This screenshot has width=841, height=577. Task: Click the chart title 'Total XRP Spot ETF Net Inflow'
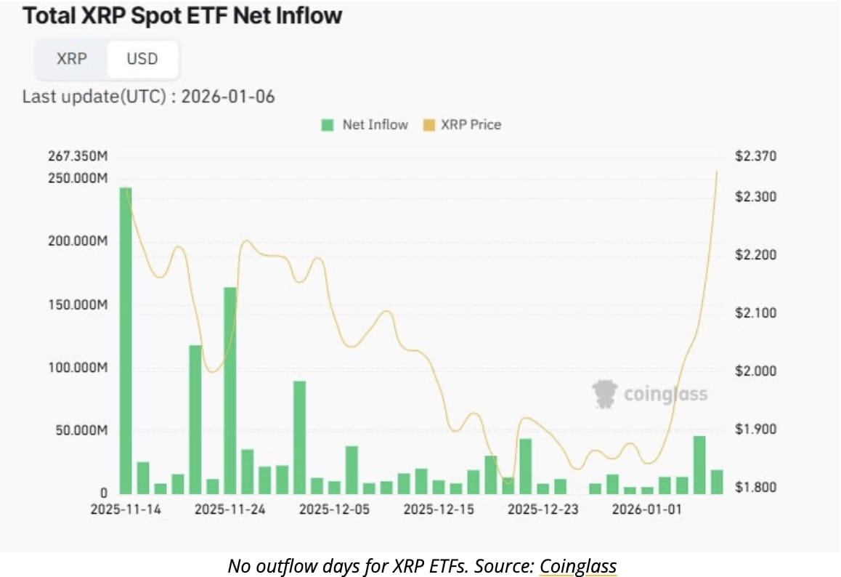pyautogui.click(x=182, y=17)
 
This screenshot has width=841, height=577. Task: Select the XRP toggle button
pyautogui.click(x=71, y=59)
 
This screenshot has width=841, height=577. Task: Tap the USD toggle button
pyautogui.click(x=142, y=59)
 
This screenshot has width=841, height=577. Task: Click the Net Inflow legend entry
pyautogui.click(x=365, y=124)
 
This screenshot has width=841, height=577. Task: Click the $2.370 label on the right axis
pyautogui.click(x=756, y=156)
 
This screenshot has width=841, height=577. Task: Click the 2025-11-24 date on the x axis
pyautogui.click(x=230, y=509)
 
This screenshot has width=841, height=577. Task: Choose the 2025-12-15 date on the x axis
pyautogui.click(x=439, y=509)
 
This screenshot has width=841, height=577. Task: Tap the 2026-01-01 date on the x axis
pyautogui.click(x=646, y=509)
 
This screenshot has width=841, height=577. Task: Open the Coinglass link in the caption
pyautogui.click(x=577, y=565)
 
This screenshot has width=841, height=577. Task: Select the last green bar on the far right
pyautogui.click(x=717, y=482)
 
